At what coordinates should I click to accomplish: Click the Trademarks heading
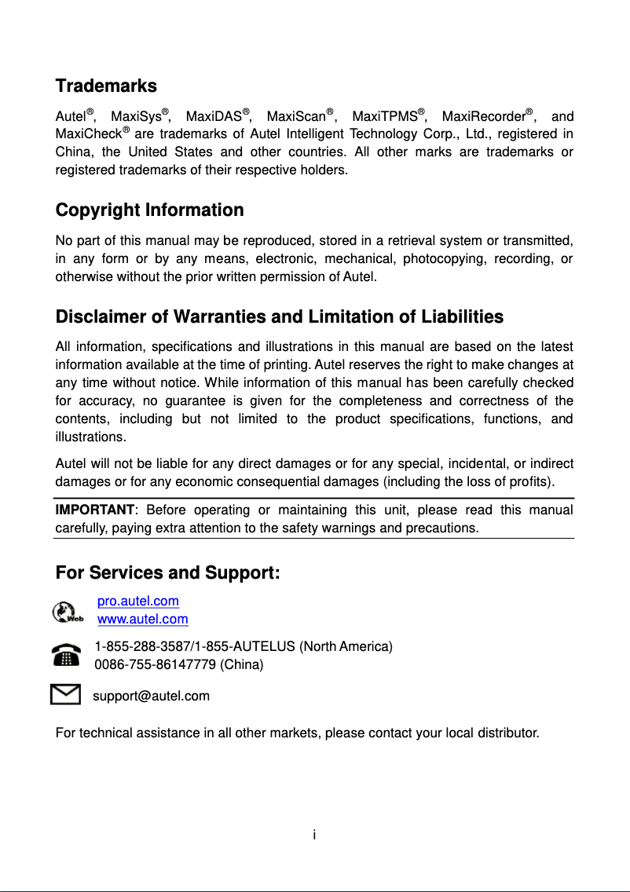tap(106, 86)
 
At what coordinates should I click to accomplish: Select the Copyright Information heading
tap(149, 210)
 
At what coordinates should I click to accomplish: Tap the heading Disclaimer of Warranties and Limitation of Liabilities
tap(280, 317)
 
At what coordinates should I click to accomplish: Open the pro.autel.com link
tap(138, 601)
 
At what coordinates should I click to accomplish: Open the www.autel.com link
tap(143, 620)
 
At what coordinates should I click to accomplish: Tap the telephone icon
tap(66, 655)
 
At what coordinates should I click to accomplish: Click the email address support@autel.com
tap(152, 696)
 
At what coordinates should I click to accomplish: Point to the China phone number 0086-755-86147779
tap(155, 665)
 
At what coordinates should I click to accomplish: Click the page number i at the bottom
tap(314, 834)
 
